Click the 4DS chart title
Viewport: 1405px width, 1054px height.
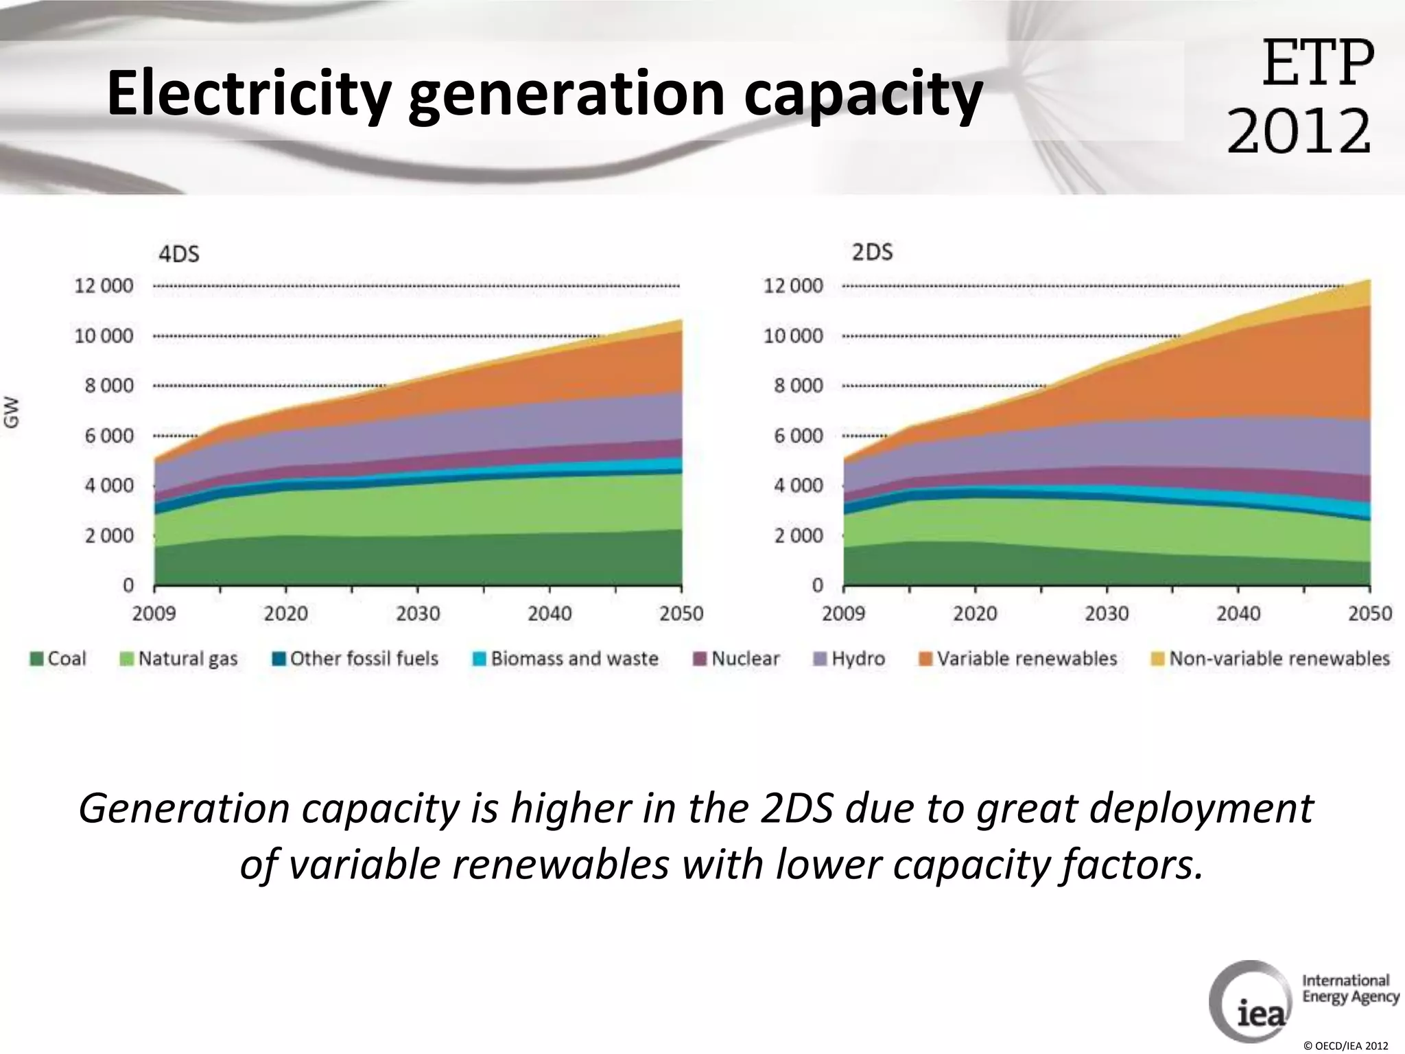pyautogui.click(x=179, y=255)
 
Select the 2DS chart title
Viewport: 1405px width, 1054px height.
pyautogui.click(x=872, y=253)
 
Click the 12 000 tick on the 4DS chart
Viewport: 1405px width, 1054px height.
pyautogui.click(x=104, y=286)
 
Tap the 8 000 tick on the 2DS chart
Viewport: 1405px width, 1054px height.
pyautogui.click(x=798, y=386)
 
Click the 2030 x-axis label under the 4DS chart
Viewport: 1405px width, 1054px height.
pyautogui.click(x=418, y=613)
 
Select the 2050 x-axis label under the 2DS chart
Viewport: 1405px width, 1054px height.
pyautogui.click(x=1369, y=613)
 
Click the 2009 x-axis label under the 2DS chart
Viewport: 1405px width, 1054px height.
pyautogui.click(x=844, y=613)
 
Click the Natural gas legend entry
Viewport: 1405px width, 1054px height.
pyautogui.click(x=179, y=659)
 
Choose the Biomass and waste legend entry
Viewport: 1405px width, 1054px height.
pyautogui.click(x=566, y=659)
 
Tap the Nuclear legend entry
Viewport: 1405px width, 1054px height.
pyautogui.click(x=737, y=659)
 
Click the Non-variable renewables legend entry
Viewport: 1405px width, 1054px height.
pyautogui.click(x=1271, y=659)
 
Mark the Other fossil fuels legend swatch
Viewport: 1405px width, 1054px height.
pyautogui.click(x=279, y=659)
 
